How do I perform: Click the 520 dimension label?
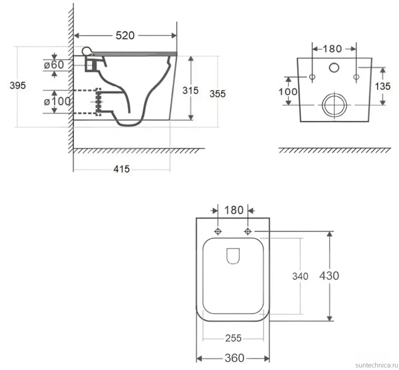(125, 35)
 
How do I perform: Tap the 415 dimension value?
(121, 169)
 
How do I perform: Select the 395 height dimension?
(18, 86)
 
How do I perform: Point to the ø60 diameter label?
(54, 65)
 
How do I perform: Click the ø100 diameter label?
(57, 102)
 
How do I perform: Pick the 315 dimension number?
(190, 91)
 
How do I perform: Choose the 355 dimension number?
(218, 94)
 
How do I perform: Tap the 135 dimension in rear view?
(383, 86)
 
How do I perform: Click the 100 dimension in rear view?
(288, 92)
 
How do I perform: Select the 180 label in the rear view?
(332, 49)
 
